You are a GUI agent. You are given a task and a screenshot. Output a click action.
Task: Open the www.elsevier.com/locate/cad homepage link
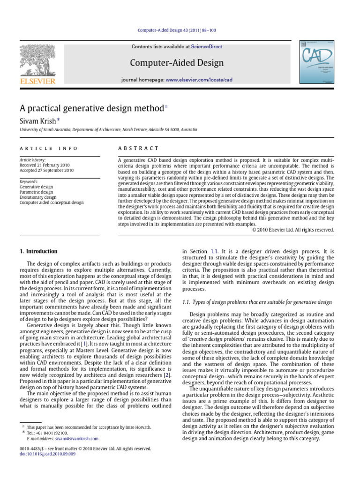(199, 80)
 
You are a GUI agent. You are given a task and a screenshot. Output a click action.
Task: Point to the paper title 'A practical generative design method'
(91, 108)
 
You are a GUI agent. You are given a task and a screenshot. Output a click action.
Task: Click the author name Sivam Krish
(37, 121)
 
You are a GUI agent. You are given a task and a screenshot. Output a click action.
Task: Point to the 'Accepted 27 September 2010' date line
(47, 171)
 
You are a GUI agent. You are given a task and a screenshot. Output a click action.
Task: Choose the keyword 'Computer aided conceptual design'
(52, 202)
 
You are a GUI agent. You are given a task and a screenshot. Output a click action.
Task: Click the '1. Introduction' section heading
(38, 251)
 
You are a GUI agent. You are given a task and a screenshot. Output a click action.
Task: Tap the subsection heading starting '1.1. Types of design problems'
(257, 302)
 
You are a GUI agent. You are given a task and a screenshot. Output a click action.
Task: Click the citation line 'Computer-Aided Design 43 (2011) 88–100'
(177, 30)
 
